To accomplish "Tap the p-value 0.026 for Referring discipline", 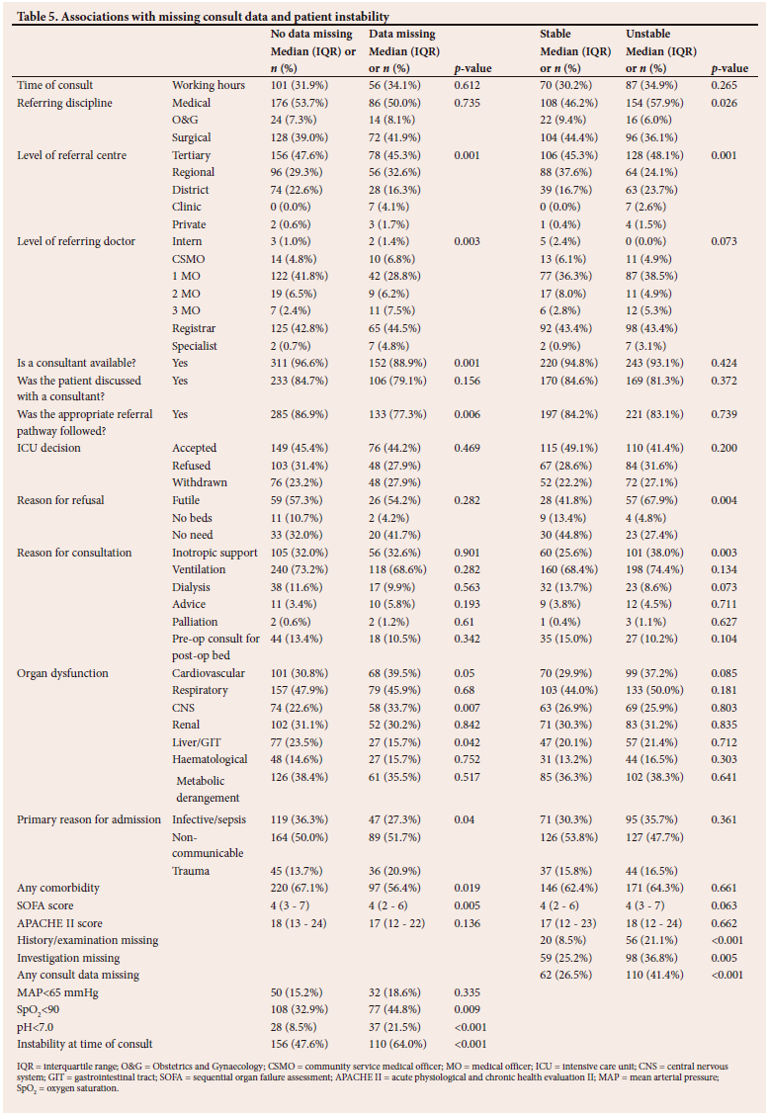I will click(725, 103).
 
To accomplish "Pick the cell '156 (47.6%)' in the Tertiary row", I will click(304, 155).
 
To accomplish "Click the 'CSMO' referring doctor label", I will click(189, 259).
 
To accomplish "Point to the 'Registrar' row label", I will click(194, 328).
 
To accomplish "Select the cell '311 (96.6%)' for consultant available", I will click(304, 363).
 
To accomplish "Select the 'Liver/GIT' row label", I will click(199, 742).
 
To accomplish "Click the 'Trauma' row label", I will click(192, 872).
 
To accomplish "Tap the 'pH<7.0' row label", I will click(39, 1027).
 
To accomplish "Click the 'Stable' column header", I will click(555, 34).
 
